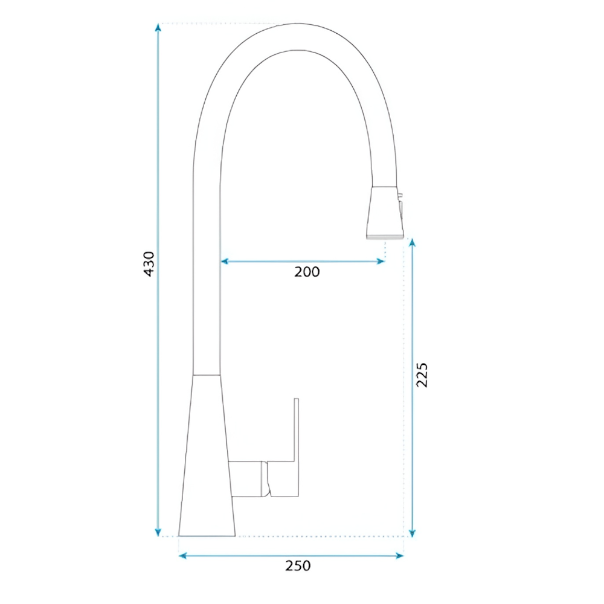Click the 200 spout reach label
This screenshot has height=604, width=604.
(x=307, y=272)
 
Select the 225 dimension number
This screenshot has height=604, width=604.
(x=422, y=375)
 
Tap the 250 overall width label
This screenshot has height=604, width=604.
(x=298, y=566)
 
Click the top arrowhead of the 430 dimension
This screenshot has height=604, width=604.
(x=158, y=28)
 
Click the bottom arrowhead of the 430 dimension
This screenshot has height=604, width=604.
(x=158, y=532)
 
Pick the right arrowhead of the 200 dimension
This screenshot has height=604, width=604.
(x=380, y=262)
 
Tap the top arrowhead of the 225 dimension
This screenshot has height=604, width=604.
(x=412, y=243)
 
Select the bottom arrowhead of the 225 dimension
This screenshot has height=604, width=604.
(x=412, y=532)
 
